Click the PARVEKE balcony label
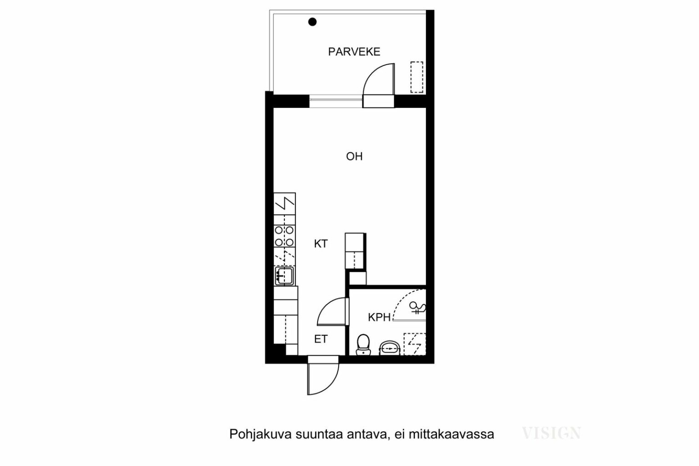(x=354, y=51)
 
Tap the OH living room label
(x=354, y=156)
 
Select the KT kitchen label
(x=321, y=243)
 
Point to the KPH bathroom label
(x=379, y=317)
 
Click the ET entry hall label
(x=321, y=339)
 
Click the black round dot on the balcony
(x=312, y=22)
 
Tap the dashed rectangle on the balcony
(x=416, y=77)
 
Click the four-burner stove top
(x=284, y=236)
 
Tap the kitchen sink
(x=284, y=276)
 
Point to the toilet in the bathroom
(x=363, y=345)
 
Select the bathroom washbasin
(x=390, y=348)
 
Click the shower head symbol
(x=417, y=308)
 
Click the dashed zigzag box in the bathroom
(x=415, y=344)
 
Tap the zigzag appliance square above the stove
(x=284, y=204)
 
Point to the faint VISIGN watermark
(x=552, y=433)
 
